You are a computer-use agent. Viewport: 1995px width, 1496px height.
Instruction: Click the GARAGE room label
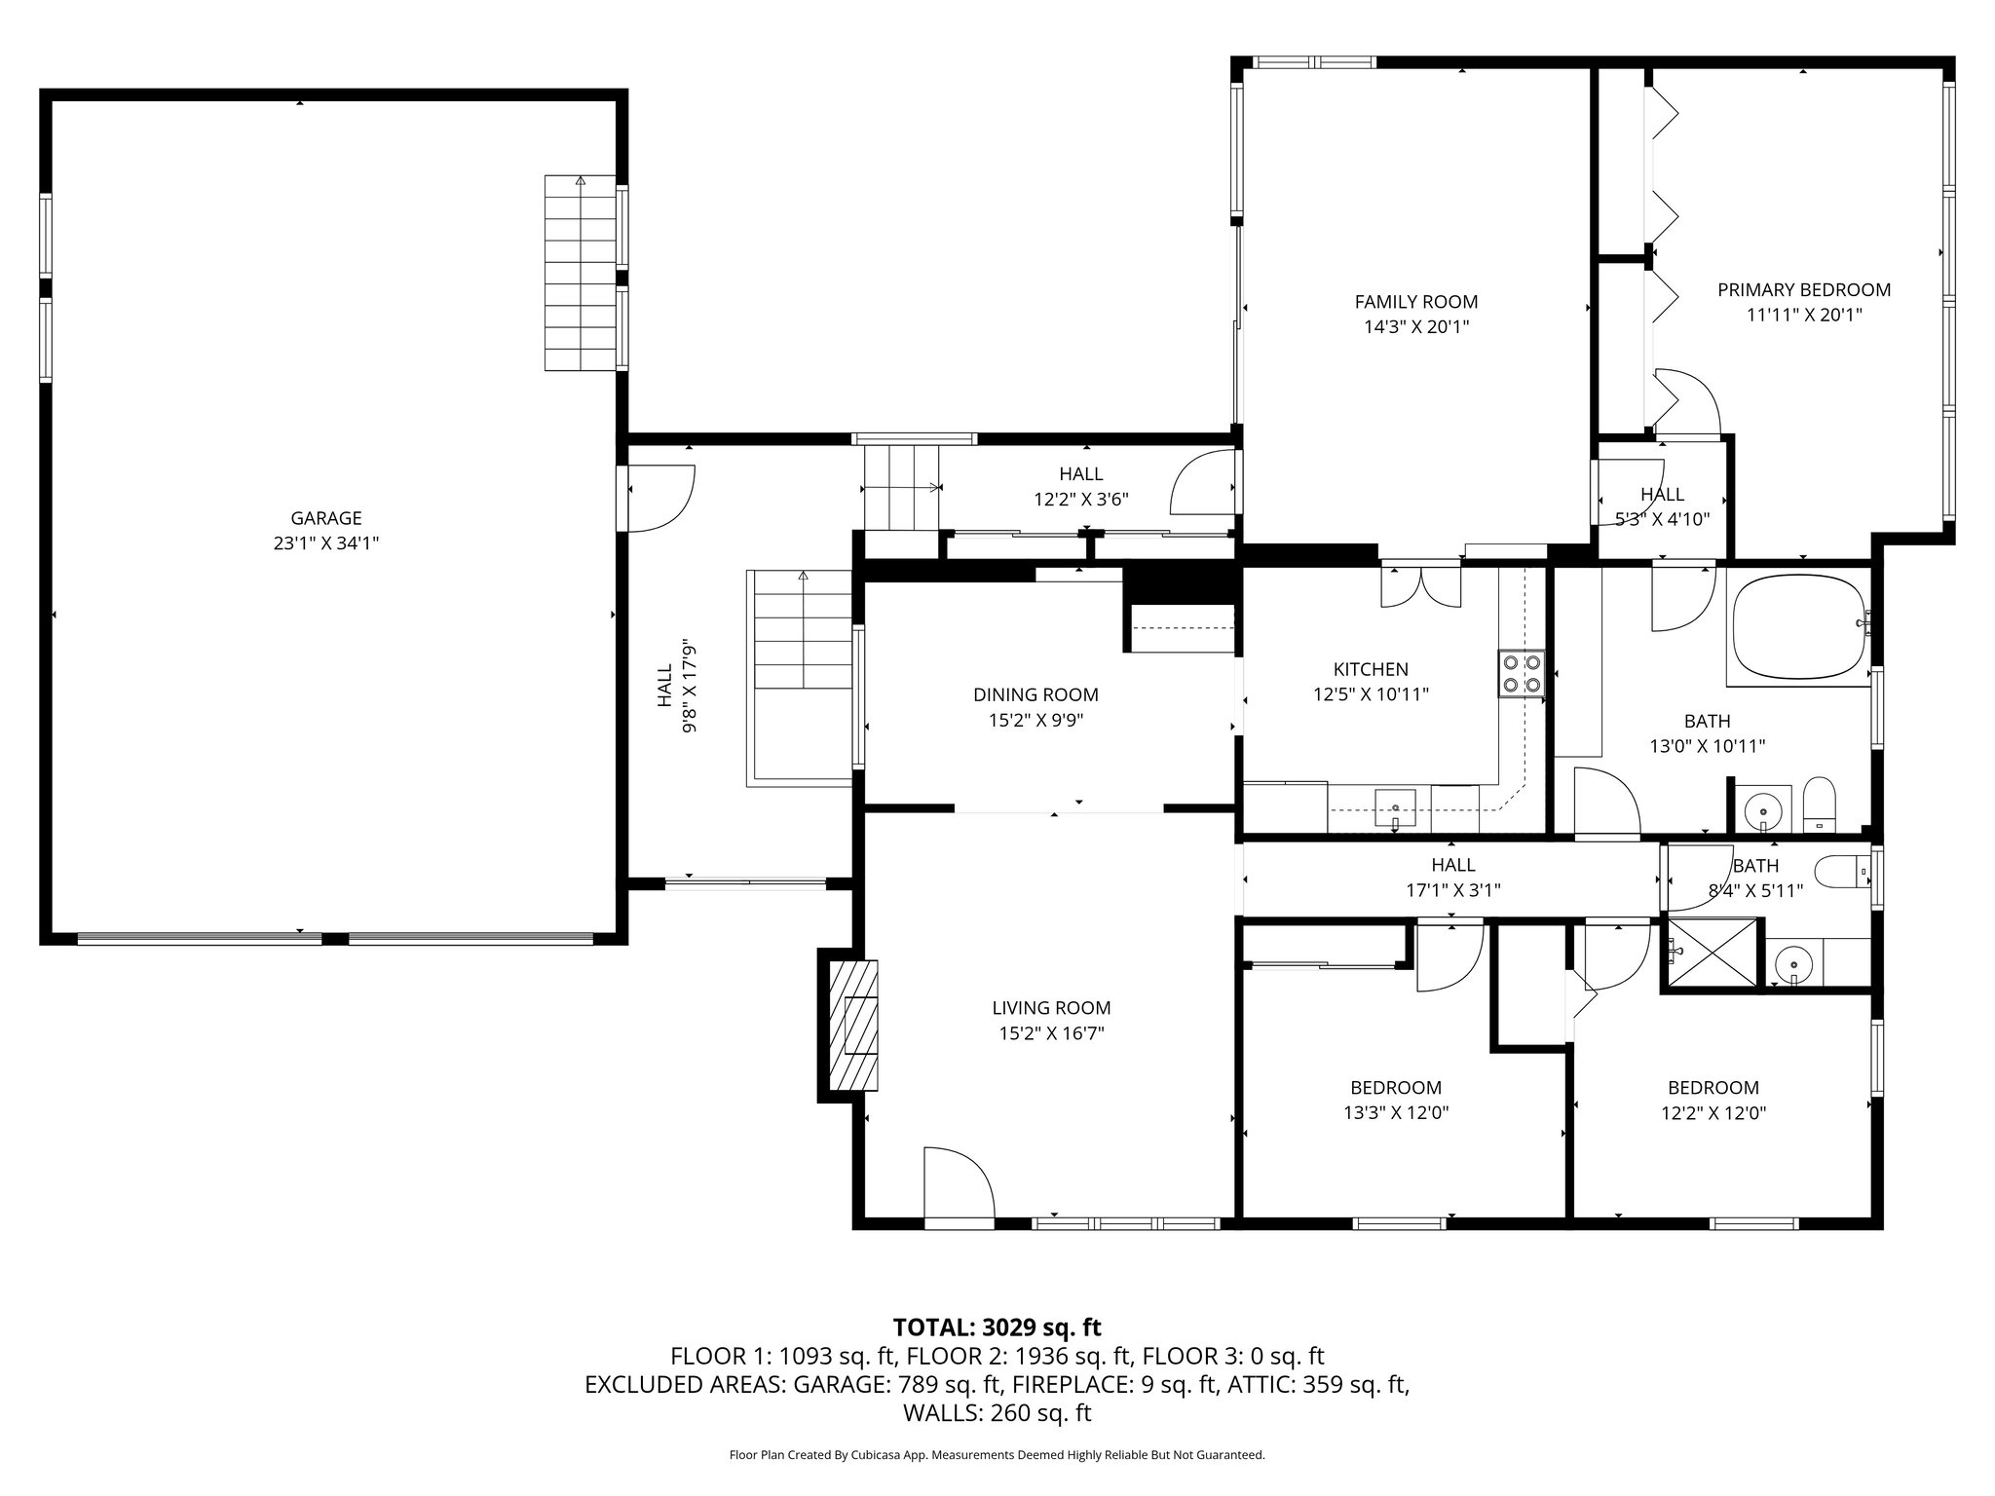tap(326, 518)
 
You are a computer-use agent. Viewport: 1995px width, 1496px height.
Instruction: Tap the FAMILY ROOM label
tap(1416, 302)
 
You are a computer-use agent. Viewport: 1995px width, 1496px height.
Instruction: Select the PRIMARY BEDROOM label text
tap(1804, 289)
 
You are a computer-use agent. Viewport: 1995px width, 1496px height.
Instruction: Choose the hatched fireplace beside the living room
tap(852, 1027)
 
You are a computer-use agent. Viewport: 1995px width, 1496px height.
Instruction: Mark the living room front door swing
tap(959, 1181)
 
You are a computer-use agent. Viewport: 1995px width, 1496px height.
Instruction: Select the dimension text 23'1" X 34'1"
tap(326, 543)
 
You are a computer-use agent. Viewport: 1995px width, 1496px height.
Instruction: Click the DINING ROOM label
tap(1035, 694)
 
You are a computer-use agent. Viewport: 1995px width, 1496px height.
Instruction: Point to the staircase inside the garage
tap(581, 274)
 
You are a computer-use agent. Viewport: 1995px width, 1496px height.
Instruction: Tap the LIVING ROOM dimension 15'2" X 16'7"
tap(1051, 1033)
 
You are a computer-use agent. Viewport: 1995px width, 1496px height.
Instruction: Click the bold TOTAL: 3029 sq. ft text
tap(997, 1327)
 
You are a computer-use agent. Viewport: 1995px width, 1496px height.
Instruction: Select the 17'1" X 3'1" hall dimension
tap(1452, 889)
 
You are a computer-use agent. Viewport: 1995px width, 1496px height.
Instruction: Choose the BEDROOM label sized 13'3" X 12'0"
tap(1396, 1088)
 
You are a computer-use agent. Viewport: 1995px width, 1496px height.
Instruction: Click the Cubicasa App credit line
tap(997, 1455)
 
